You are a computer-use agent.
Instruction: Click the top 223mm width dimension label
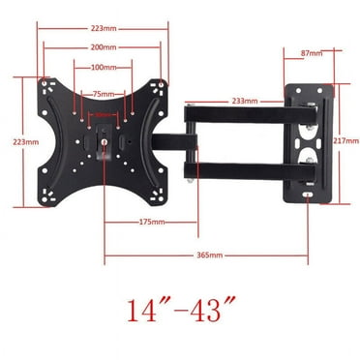click(103, 28)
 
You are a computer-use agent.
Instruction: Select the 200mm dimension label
click(103, 46)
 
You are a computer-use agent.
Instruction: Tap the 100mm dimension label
click(104, 67)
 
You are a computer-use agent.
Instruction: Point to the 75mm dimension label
click(103, 94)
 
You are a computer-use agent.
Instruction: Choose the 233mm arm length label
click(244, 100)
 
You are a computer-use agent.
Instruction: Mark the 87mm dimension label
click(313, 52)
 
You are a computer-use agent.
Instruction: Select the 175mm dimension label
click(151, 222)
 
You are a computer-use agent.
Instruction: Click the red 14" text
click(146, 312)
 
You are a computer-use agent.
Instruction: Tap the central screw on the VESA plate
click(104, 140)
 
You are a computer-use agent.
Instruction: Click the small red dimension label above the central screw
click(104, 115)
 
